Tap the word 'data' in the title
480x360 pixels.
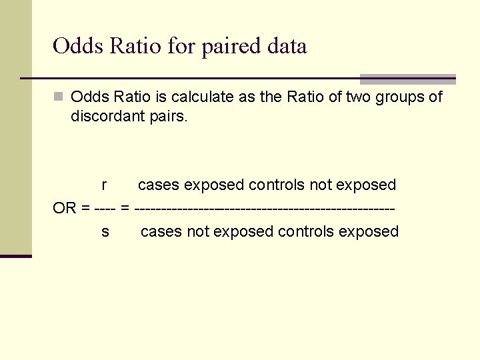tap(287, 47)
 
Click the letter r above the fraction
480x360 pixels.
tap(105, 185)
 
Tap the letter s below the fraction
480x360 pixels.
tap(105, 232)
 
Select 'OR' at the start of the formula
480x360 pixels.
tap(65, 208)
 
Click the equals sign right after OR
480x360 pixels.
tap(85, 208)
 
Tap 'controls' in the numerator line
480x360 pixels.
tap(277, 185)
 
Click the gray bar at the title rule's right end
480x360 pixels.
tap(407, 79)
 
